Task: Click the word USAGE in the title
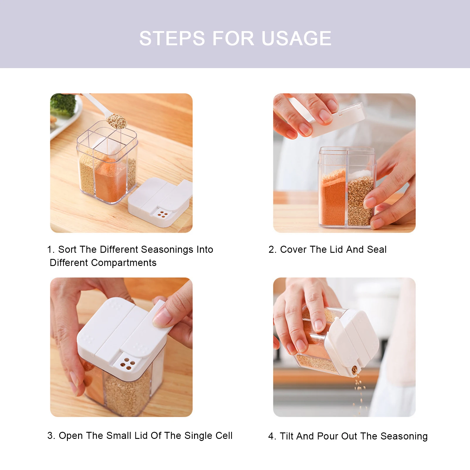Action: click(297, 38)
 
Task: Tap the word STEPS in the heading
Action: click(172, 38)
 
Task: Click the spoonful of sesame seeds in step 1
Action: click(117, 121)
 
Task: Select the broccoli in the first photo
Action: click(62, 105)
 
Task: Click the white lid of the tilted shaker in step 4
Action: click(352, 341)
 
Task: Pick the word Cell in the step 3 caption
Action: click(224, 436)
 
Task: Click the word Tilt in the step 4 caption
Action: click(286, 436)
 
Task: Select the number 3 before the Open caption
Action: click(50, 436)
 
